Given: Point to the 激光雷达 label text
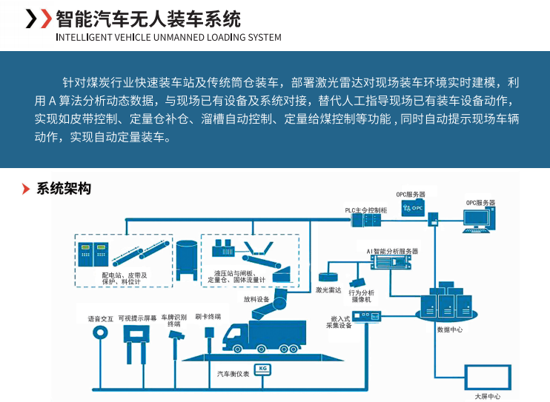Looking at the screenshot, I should point(328,289).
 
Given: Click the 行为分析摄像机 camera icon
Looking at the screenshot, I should point(357,282).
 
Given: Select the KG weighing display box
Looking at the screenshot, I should point(262,368).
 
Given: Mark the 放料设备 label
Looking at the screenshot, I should point(256,300).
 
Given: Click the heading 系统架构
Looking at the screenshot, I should point(64,189).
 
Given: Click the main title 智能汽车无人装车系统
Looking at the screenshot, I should point(148,18).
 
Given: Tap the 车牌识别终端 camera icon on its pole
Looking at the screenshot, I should point(176,336).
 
